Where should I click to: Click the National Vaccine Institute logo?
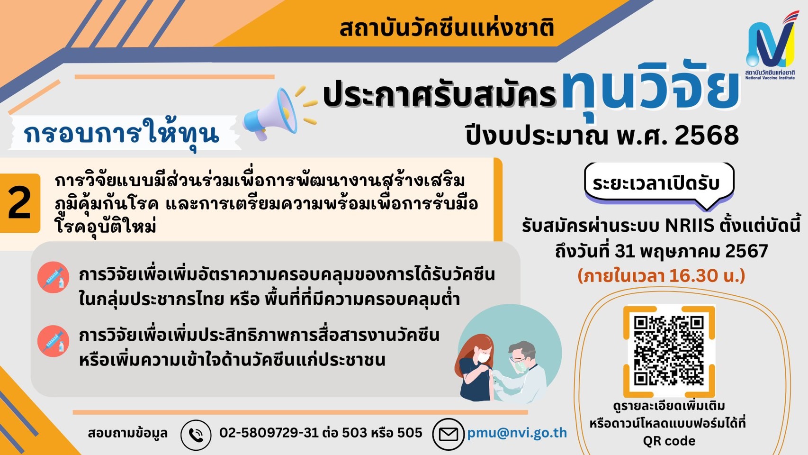click(770, 45)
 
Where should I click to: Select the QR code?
click(669, 351)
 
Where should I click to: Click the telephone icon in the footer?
click(196, 435)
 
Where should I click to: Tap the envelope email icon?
click(448, 434)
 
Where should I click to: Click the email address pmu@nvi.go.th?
click(517, 433)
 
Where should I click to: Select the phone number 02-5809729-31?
click(269, 432)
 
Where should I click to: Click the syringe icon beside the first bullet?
click(53, 277)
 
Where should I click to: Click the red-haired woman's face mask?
click(483, 357)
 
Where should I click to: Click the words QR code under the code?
click(669, 441)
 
